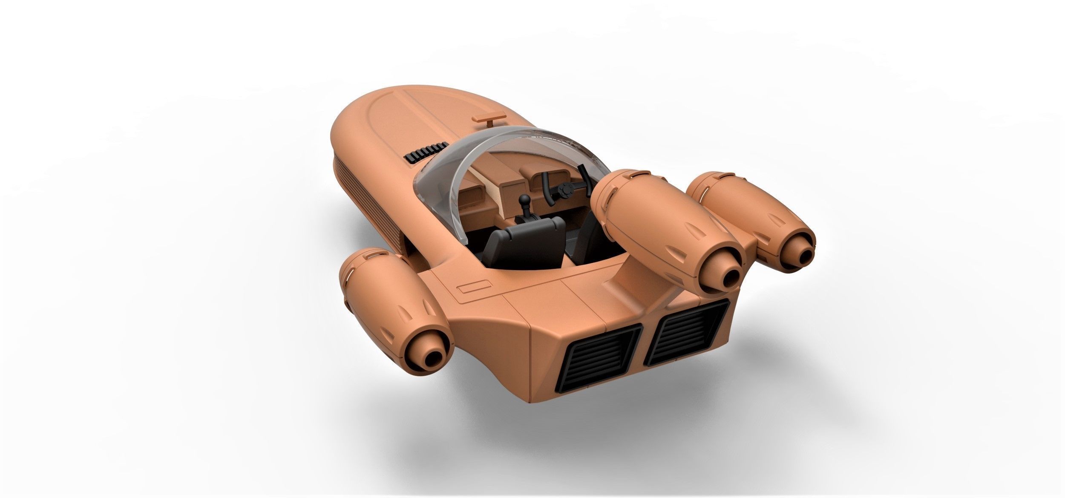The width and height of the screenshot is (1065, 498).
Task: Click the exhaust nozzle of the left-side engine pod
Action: (432, 345)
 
